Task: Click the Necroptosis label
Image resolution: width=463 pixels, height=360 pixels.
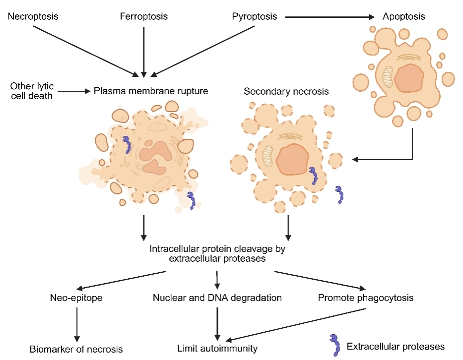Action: [x=33, y=16]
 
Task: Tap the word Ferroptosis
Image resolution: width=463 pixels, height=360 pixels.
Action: [x=143, y=16]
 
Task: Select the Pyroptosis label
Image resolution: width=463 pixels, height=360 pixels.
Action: [x=255, y=16]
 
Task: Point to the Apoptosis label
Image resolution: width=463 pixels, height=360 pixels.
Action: [x=403, y=16]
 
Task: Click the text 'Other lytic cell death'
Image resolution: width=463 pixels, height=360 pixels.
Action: [x=31, y=92]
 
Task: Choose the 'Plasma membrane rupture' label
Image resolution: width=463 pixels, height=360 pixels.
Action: [x=150, y=91]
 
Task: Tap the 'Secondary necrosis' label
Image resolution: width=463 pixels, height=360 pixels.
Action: [x=286, y=92]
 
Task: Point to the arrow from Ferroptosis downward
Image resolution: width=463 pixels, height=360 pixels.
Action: [x=143, y=50]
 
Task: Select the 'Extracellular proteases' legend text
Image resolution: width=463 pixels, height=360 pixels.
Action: [x=395, y=346]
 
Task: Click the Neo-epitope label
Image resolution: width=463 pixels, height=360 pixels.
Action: [x=76, y=298]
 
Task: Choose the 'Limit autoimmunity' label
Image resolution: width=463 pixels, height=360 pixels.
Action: [x=217, y=348]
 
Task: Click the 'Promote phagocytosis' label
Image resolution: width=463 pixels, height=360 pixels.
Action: [x=366, y=298]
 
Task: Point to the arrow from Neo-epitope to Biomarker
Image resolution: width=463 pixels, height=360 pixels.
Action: [x=76, y=323]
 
